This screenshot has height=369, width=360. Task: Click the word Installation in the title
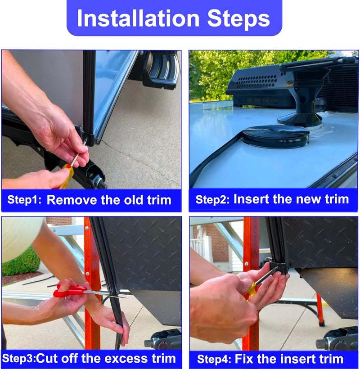pos(138,18)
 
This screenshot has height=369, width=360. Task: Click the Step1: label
pos(24,200)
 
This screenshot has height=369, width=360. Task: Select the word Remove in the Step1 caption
pos(72,200)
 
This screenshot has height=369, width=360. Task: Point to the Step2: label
pos(212,199)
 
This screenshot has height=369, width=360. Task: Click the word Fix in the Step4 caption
pos(244,359)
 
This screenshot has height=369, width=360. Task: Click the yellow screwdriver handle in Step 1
pos(66,176)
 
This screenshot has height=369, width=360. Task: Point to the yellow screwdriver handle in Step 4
pos(251,291)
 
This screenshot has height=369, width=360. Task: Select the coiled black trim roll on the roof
pos(275,136)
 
